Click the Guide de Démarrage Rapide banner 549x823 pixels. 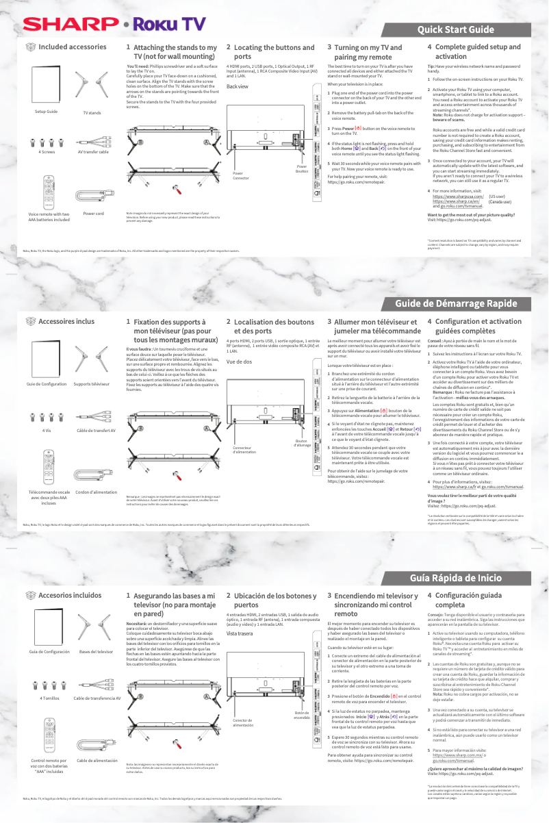456,303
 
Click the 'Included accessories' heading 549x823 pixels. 72,47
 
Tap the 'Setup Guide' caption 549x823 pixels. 46,111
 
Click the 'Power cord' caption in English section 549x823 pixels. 93,214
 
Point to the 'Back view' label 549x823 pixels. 237,87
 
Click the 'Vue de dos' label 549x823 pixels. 238,362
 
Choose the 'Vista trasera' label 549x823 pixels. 240,633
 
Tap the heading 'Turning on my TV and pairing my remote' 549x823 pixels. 368,52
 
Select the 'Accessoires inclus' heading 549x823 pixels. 66,320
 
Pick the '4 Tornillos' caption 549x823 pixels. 51,697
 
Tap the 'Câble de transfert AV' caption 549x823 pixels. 96,430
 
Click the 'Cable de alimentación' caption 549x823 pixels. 97,760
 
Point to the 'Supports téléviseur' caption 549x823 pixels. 91,384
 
